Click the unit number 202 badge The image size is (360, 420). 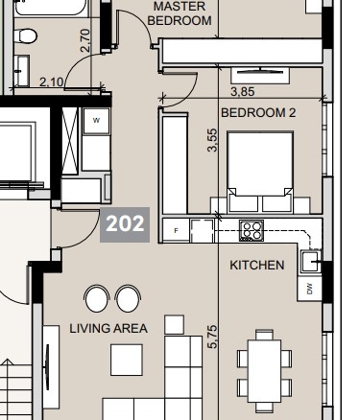pos(125,224)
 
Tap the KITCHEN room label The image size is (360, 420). pos(257,265)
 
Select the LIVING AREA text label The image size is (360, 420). pos(108,328)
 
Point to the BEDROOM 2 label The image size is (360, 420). pos(258,112)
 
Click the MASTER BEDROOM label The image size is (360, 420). pos(180,13)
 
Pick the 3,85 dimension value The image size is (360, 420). pos(243,92)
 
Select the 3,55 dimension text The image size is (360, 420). pos(212,140)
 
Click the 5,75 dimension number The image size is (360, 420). pos(212,337)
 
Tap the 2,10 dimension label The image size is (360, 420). pos(52,82)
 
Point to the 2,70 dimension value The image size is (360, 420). pos(85,40)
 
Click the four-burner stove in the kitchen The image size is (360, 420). pos(252,230)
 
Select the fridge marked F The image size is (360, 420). pos(176,230)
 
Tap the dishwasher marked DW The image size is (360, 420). pos(309,289)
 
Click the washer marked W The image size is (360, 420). pos(96,121)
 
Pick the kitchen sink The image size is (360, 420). pos(311,262)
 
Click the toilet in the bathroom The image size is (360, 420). pos(25,35)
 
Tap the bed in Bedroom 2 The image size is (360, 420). pos(260,172)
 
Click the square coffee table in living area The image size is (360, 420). pos(127,360)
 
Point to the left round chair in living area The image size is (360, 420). pos(96,298)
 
